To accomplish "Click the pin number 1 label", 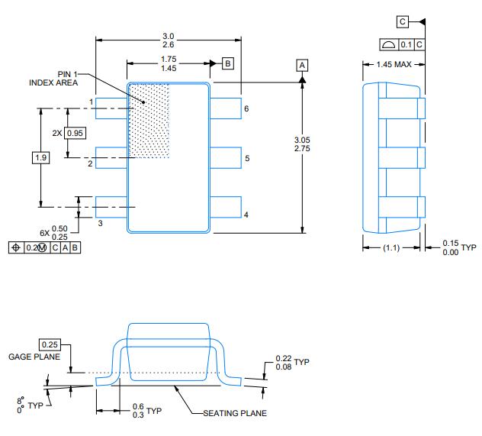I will [91, 102].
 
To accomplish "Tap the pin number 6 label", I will [246, 109].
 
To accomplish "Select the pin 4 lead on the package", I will [226, 206].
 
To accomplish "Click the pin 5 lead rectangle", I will [226, 158].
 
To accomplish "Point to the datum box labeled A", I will [303, 66].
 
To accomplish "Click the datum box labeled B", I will [227, 63].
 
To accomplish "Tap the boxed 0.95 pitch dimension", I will [76, 133].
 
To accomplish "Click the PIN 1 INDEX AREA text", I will [54, 78].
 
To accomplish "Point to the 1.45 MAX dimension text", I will [391, 64].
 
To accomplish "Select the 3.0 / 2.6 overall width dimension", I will [169, 41].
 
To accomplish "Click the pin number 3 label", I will [99, 222].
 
